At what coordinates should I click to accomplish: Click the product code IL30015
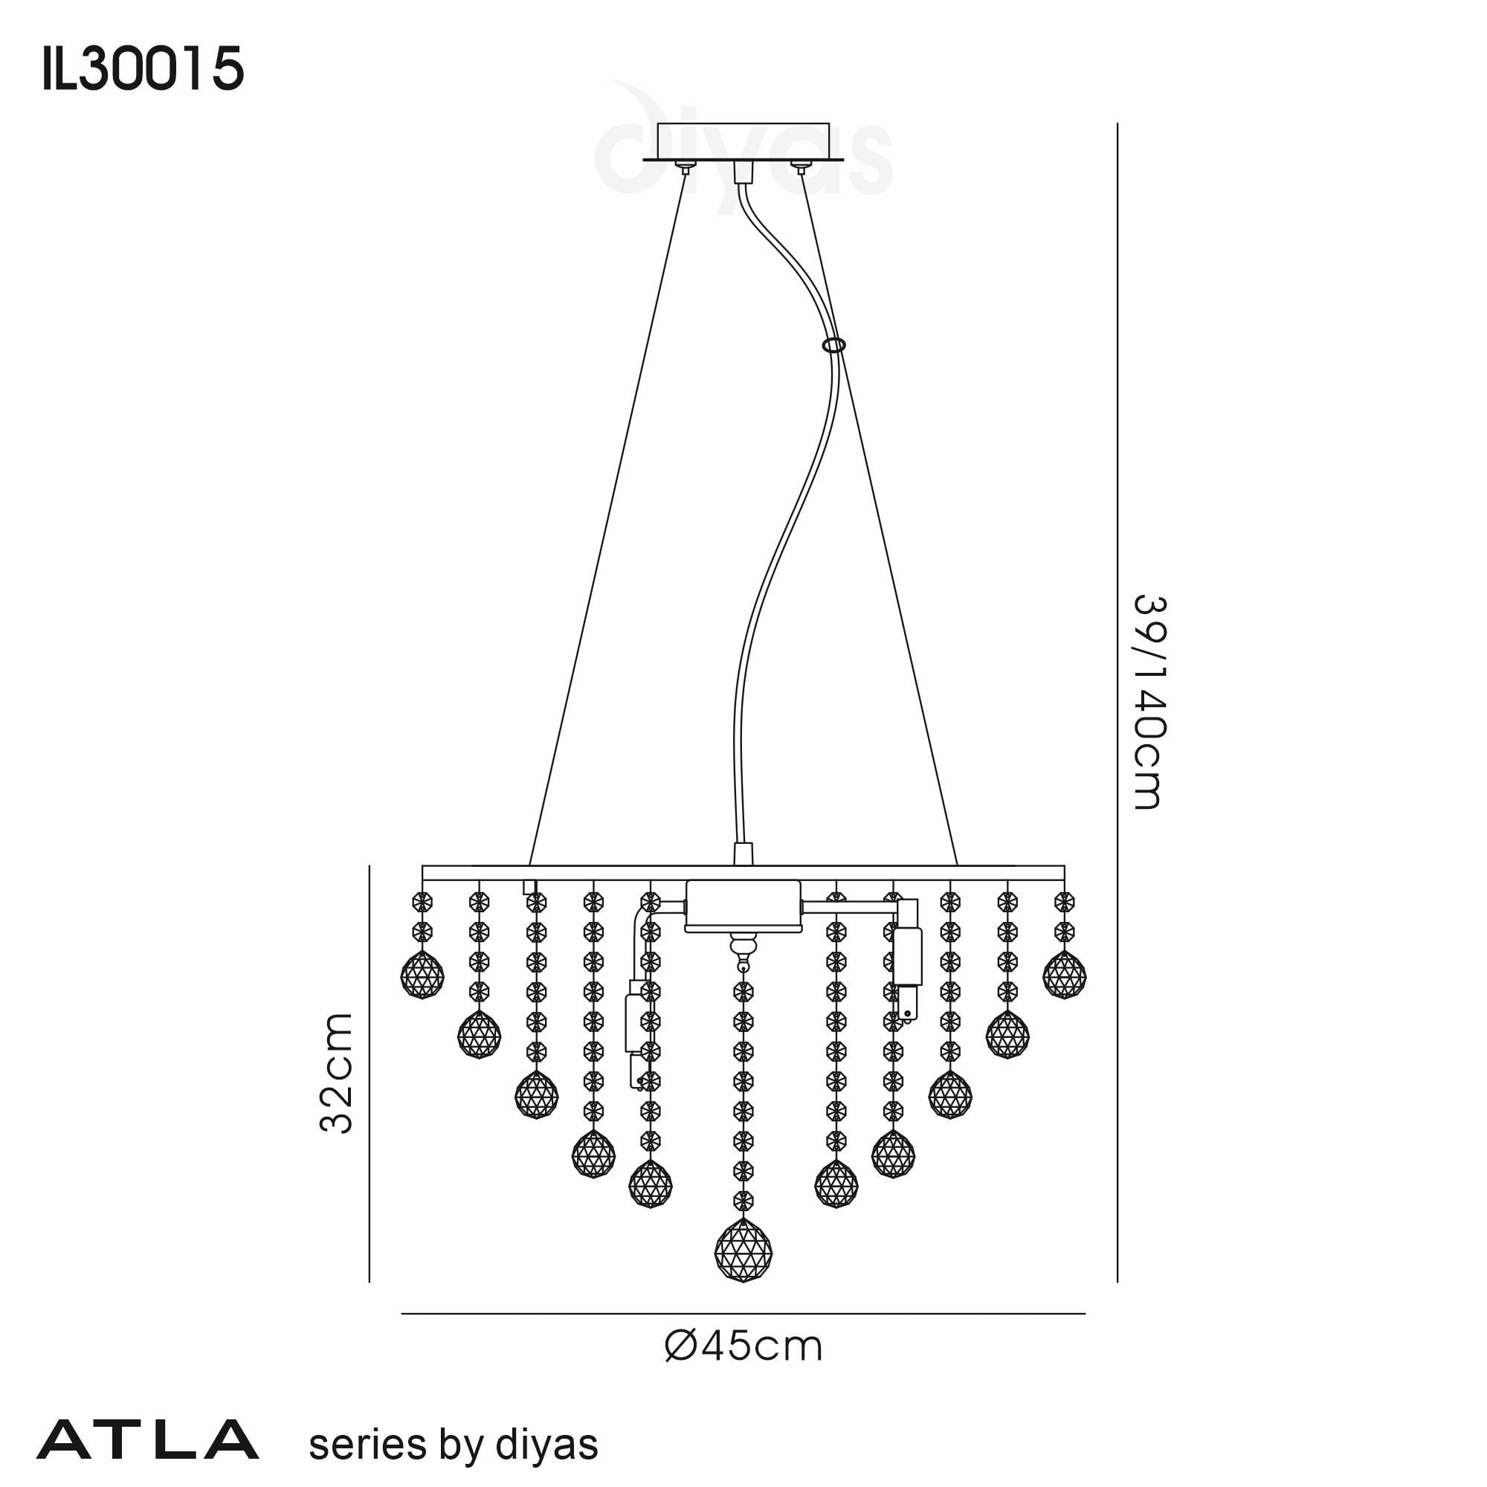click(143, 68)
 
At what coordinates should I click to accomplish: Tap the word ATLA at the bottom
click(147, 1441)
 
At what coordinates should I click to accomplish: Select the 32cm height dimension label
click(336, 1073)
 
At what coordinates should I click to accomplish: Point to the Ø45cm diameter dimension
click(743, 1347)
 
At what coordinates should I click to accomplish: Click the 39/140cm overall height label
click(1150, 701)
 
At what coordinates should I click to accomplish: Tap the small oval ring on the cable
click(833, 346)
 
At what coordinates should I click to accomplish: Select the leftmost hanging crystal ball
click(422, 975)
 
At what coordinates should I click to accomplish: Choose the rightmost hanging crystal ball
click(1065, 975)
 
